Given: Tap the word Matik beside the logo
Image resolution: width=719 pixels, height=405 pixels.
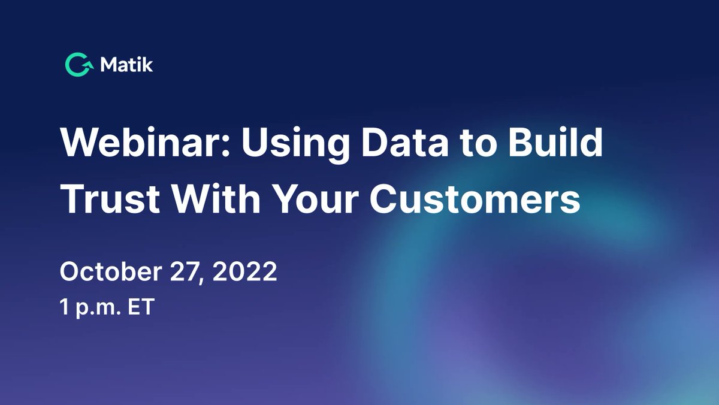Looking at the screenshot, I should coord(126,65).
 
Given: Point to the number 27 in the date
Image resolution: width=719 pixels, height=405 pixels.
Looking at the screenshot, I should coord(178,273).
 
